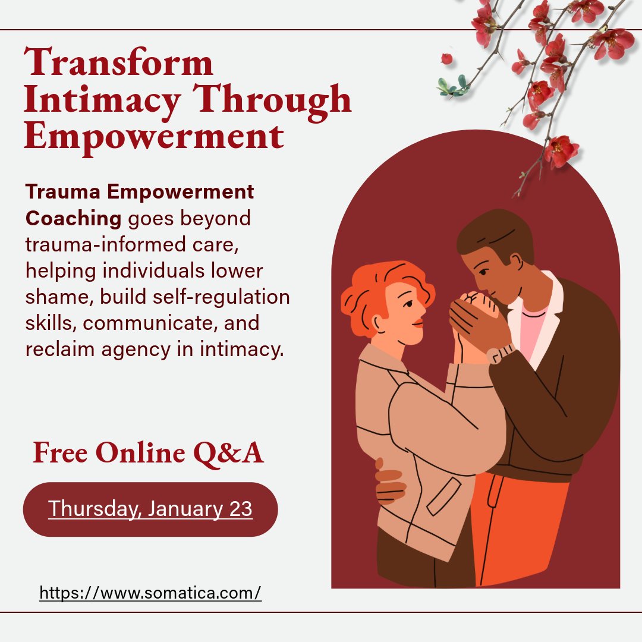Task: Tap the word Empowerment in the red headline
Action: coord(153,136)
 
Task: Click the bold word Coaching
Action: coord(73,218)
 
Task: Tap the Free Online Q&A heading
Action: coord(148,453)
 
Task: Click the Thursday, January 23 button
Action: coord(150,509)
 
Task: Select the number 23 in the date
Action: coord(240,509)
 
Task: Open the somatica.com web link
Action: coord(150,593)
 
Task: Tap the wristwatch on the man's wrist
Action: coord(500,354)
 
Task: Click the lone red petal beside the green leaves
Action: coord(446,58)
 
